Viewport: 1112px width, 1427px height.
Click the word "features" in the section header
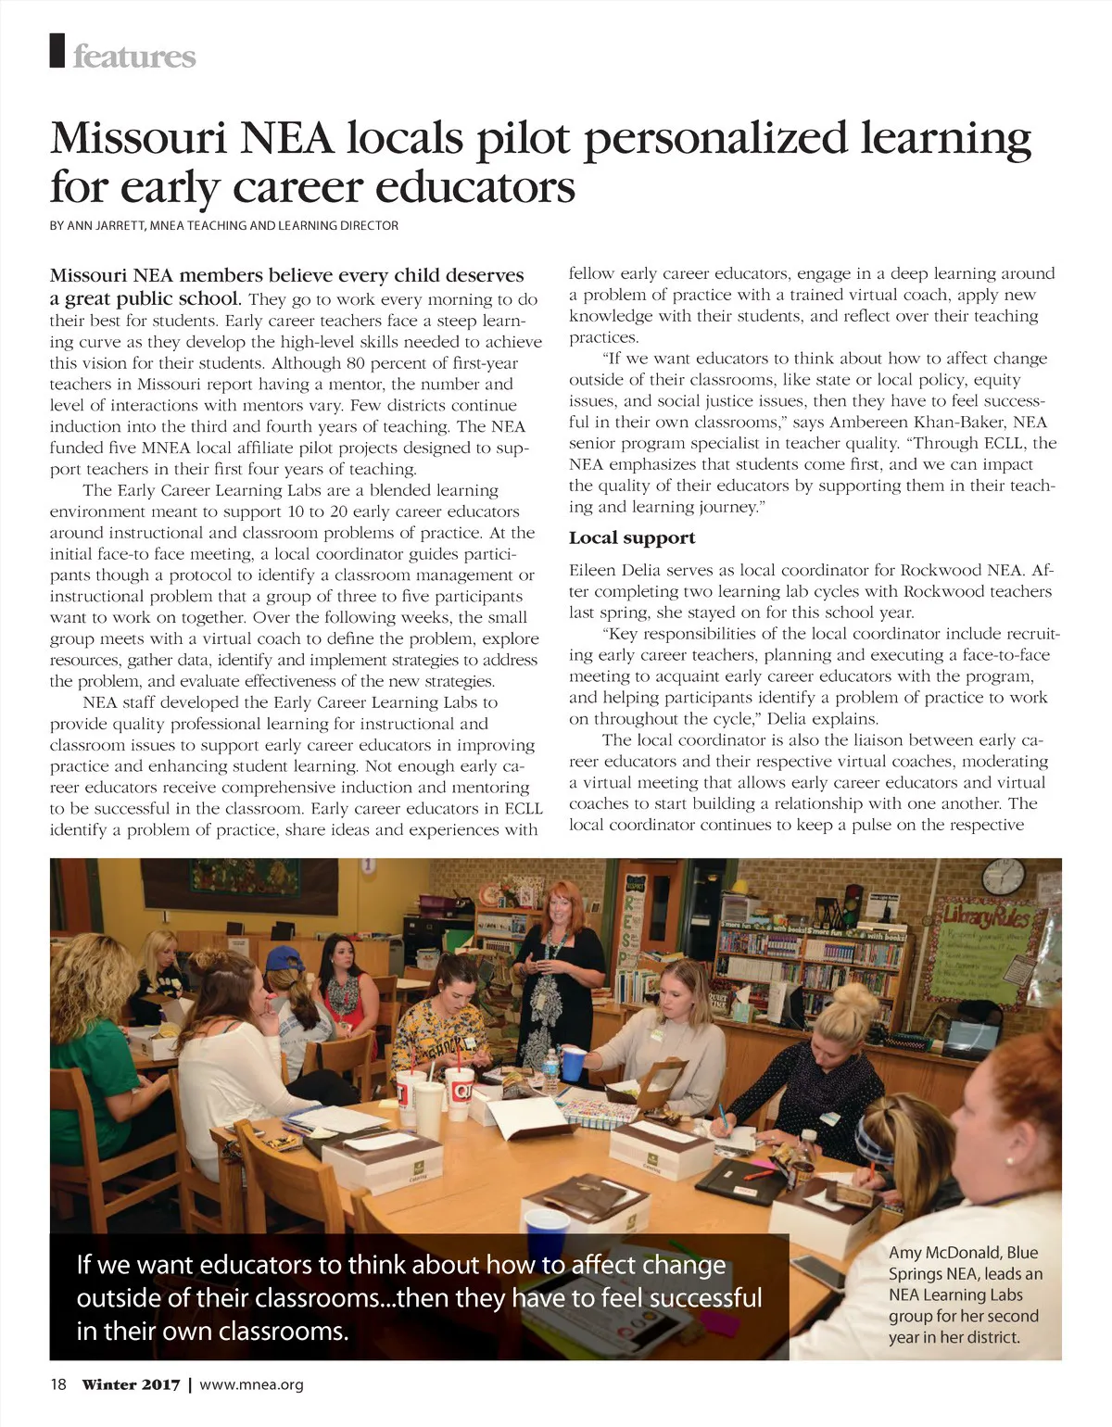134,57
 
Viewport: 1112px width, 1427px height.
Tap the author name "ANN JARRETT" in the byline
103,225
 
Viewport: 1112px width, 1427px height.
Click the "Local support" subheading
631,538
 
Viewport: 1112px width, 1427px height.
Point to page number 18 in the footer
58,1384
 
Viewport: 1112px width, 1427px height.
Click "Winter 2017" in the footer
131,1384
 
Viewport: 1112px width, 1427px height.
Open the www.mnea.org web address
251,1384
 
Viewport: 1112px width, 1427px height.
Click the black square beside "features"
58,51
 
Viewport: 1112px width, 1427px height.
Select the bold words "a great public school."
145,298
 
